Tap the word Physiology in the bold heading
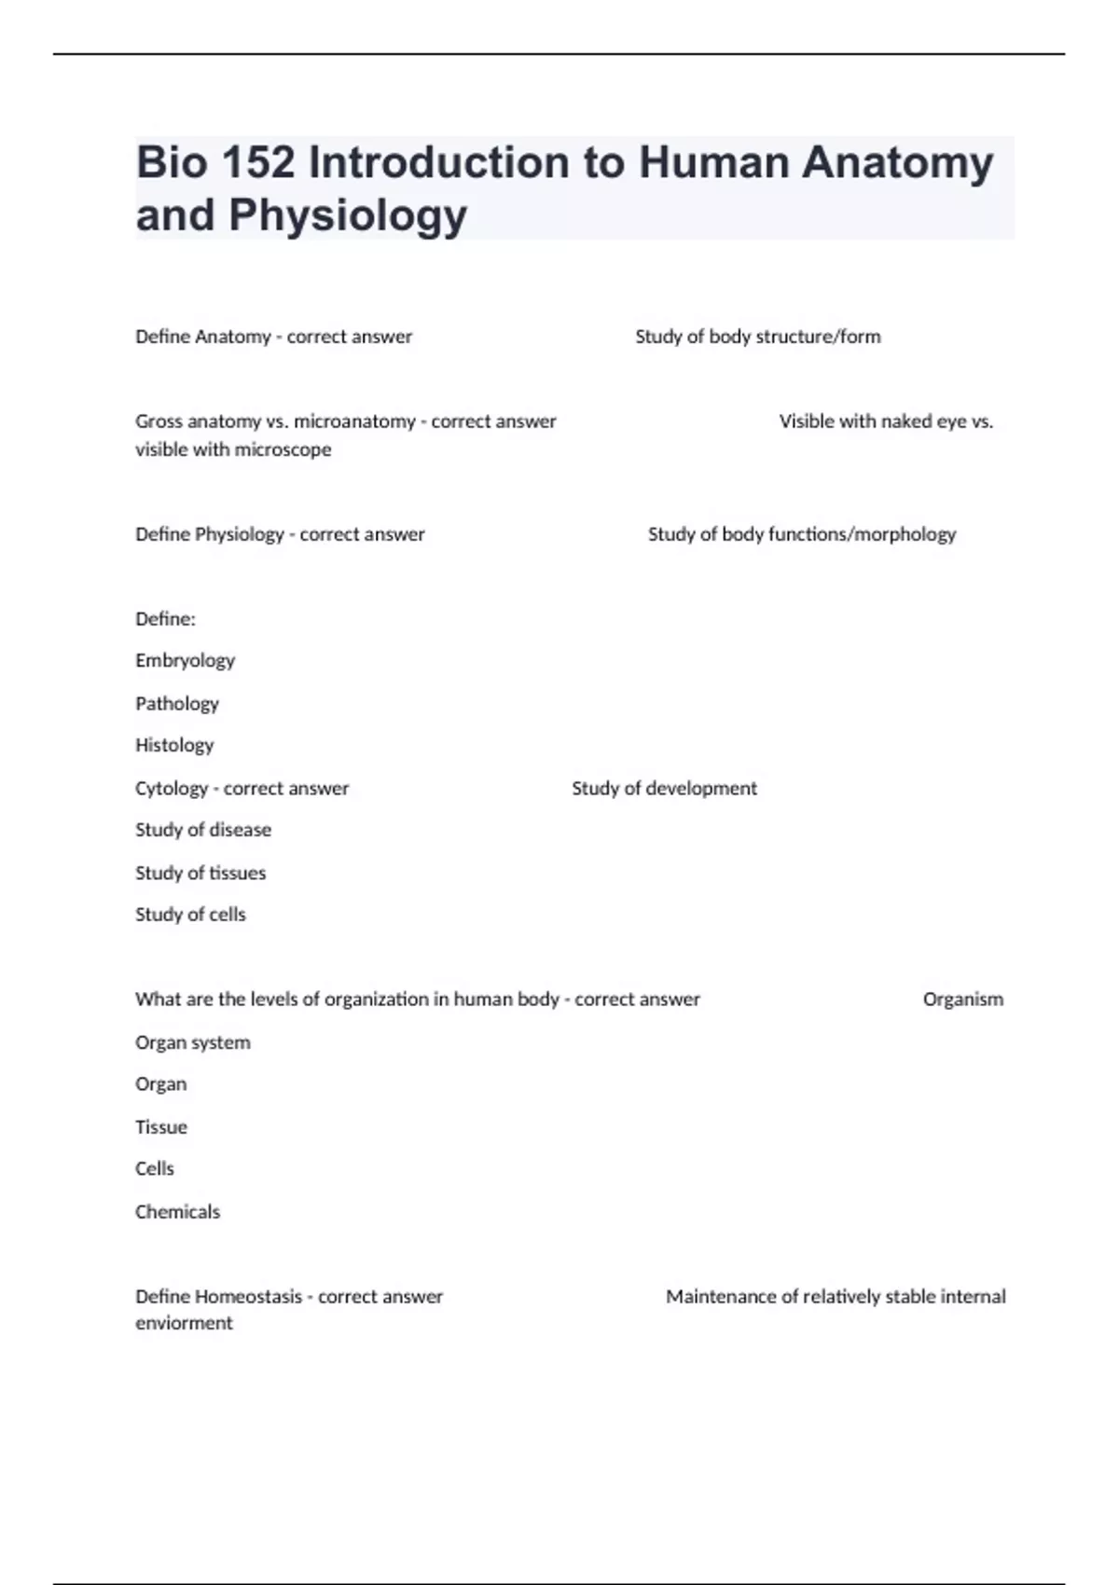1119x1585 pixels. tap(348, 215)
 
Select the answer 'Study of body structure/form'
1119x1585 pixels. tap(757, 337)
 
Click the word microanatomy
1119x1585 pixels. tap(354, 421)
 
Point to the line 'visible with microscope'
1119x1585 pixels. tap(233, 449)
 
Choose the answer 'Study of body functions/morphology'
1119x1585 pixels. tap(801, 534)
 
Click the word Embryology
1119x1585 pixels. tap(185, 661)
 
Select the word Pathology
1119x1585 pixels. tap(177, 704)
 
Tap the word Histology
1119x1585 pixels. tap(174, 745)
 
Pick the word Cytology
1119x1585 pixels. tap(172, 789)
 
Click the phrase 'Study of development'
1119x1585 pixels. tap(664, 789)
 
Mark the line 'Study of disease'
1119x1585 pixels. tap(203, 830)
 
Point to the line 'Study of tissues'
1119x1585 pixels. tap(200, 873)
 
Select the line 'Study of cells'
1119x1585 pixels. tap(190, 915)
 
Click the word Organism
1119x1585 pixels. tap(962, 999)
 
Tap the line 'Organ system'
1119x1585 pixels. tap(193, 1042)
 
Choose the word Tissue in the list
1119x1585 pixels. tap(161, 1127)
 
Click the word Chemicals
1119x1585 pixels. tap(177, 1212)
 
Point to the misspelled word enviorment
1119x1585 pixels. tap(184, 1323)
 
